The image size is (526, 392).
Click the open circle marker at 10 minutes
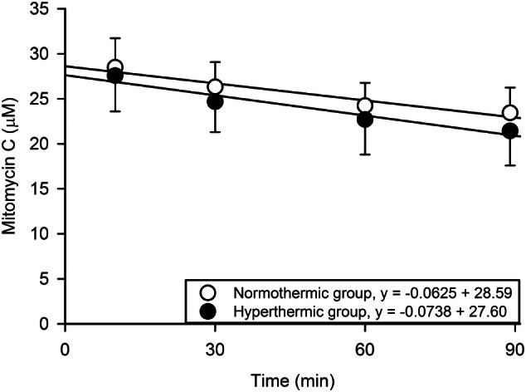coord(115,67)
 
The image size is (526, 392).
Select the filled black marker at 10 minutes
coord(115,76)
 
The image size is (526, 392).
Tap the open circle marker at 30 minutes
coord(215,87)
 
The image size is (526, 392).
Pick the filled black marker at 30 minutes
coord(215,101)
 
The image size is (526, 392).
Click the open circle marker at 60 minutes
coord(364,105)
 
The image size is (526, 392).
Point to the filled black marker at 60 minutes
coord(364,120)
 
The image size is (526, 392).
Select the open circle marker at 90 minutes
coord(509,113)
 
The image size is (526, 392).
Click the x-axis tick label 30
coord(215,345)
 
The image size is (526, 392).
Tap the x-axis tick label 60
coord(364,345)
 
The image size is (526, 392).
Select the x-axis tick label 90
coord(513,345)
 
